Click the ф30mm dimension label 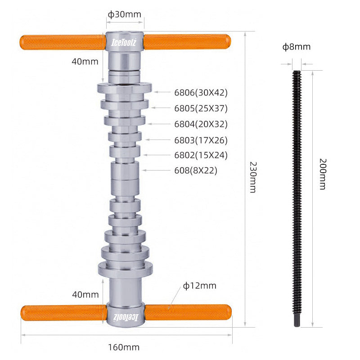125,14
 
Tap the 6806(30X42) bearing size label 201,93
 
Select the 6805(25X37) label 201,108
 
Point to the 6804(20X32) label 201,124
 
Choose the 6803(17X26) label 201,140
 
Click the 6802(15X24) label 201,155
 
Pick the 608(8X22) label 196,171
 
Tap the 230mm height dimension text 253,177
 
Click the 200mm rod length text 323,174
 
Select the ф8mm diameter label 297,47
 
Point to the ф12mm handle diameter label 199,286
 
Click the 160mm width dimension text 124,347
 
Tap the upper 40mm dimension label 85,62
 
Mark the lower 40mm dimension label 85,295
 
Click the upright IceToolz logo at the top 124,42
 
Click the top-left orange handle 63,42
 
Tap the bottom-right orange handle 189,312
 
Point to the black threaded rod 297,198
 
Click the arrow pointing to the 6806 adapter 162,92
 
